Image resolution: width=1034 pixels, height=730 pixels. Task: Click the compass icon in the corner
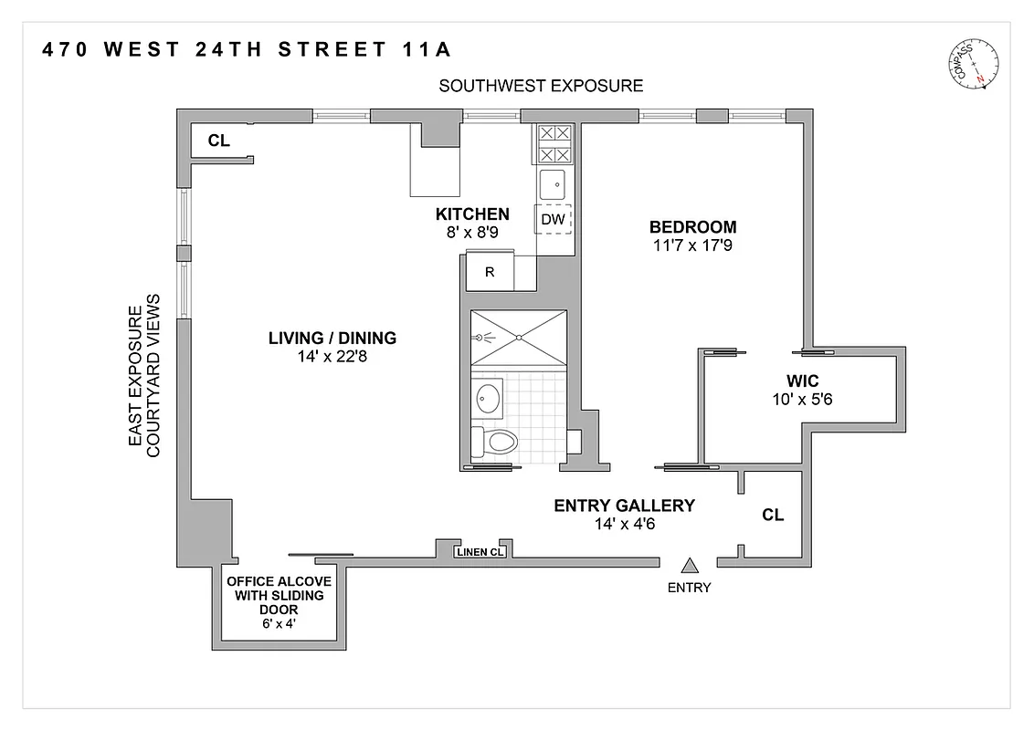point(976,67)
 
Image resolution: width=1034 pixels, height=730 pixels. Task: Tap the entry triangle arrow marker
point(690,567)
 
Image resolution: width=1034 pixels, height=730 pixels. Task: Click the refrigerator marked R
point(490,272)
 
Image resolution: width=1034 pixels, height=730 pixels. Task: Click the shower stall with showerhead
point(518,338)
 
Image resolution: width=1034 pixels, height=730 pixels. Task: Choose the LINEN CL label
point(480,551)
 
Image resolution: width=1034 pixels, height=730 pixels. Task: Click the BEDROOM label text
point(692,227)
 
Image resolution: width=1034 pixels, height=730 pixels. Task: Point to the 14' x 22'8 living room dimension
point(332,357)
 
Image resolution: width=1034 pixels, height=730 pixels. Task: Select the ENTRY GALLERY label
point(625,506)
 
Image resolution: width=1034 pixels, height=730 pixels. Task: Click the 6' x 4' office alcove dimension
point(279,626)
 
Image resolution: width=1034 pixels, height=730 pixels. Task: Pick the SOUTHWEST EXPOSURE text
point(541,86)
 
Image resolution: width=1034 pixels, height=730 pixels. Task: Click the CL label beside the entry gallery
point(773,515)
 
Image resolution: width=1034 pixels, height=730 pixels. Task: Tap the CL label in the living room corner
point(218,141)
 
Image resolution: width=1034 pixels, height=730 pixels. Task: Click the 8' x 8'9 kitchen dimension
point(472,233)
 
